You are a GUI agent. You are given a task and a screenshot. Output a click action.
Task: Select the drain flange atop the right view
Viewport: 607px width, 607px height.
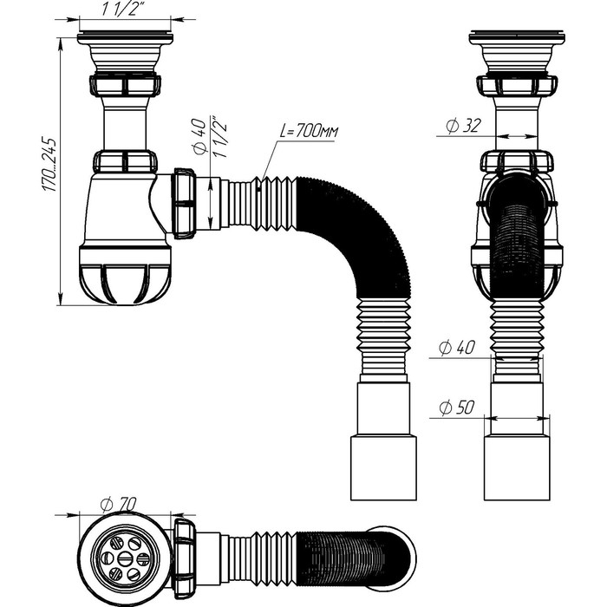point(517,39)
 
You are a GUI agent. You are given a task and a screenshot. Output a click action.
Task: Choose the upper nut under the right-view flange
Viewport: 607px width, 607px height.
point(517,86)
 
